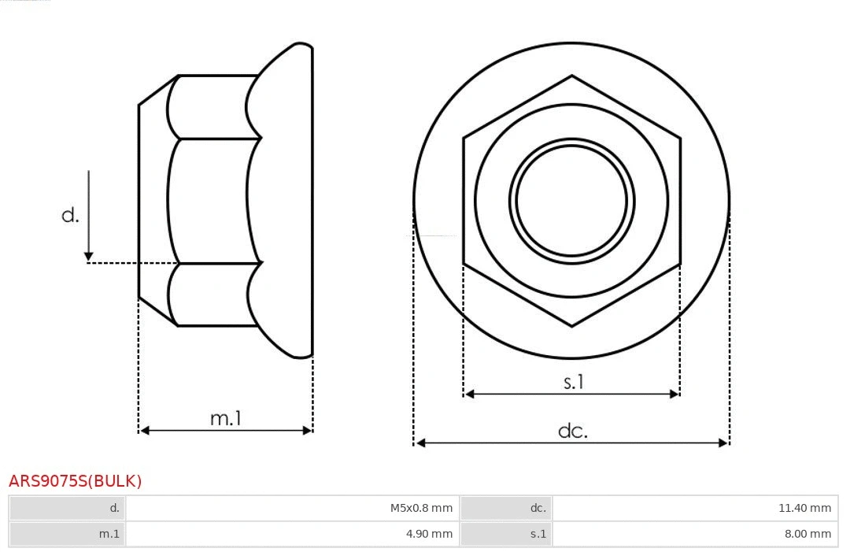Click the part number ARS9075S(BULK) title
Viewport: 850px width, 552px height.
75,481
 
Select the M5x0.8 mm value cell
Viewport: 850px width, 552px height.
292,508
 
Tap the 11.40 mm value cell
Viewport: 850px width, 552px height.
695,508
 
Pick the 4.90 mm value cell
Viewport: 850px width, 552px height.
292,534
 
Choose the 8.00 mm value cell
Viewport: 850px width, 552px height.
695,534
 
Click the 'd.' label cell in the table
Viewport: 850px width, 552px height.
68,508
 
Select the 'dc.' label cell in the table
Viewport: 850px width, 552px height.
506,508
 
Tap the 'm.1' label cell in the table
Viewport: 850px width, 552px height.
68,534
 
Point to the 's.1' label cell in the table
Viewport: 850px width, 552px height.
506,534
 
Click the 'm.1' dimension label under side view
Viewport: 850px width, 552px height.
225,418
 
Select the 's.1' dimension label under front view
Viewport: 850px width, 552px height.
574,382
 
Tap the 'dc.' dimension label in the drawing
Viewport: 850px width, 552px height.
572,431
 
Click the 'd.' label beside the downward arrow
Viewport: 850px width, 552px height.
70,214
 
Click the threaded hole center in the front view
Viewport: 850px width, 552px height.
571,200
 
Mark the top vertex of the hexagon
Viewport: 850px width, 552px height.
571,76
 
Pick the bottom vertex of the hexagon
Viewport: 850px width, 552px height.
571,325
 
